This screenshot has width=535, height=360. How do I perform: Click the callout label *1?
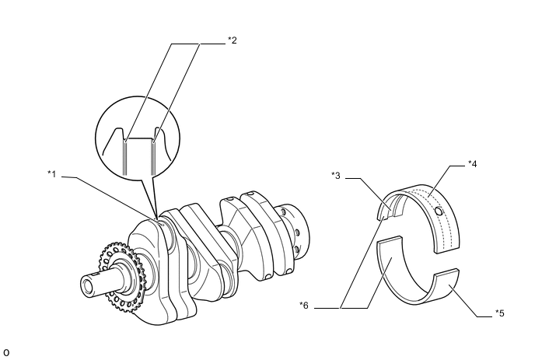pos(51,173)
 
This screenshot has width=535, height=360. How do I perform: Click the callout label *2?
pos(231,40)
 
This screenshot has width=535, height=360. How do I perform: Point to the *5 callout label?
pos(500,313)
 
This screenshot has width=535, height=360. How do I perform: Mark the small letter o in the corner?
pos(6,352)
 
